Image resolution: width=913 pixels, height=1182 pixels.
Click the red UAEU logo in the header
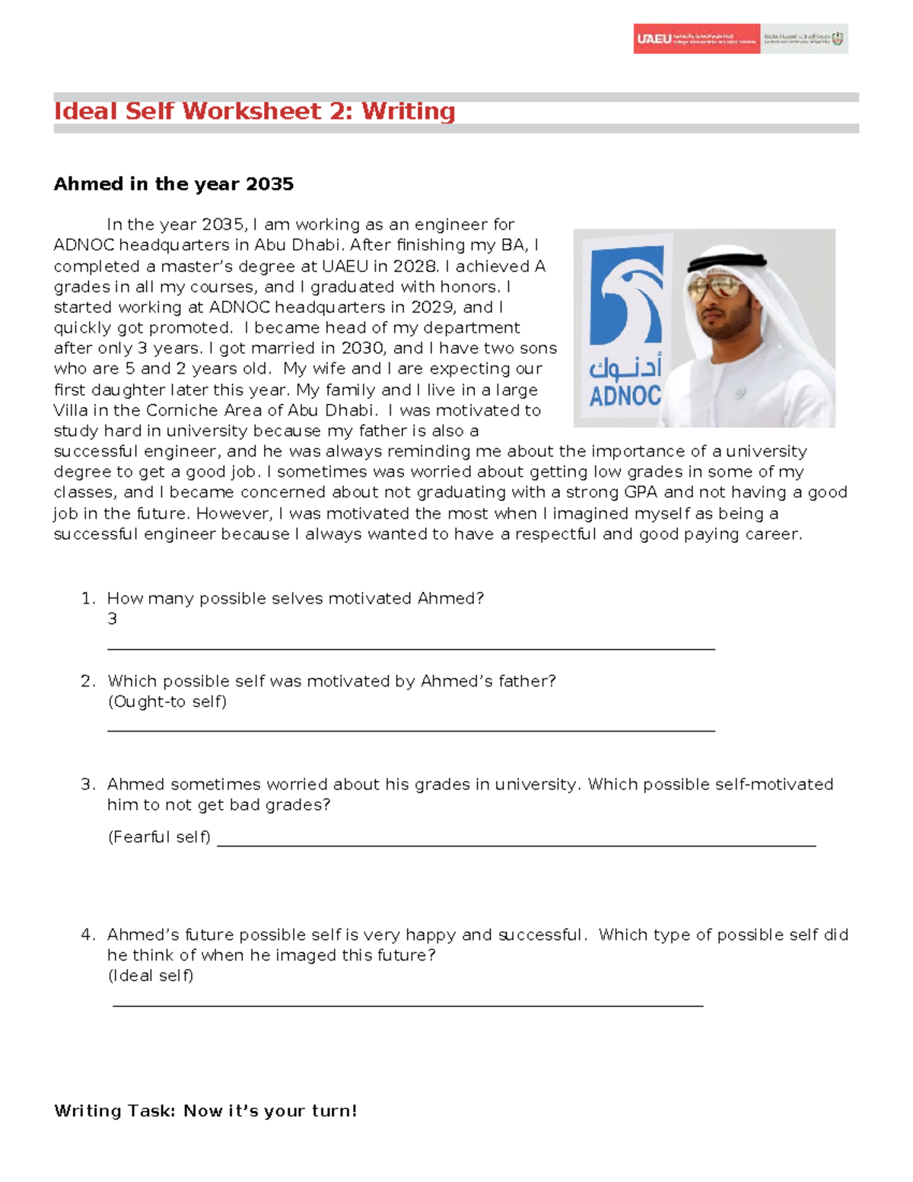[x=695, y=39]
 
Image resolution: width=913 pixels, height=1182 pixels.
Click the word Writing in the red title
[x=408, y=111]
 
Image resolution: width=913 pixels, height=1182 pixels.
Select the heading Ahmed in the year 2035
[x=173, y=184]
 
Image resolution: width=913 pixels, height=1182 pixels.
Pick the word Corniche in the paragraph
[x=182, y=410]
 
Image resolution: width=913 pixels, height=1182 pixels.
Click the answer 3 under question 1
[x=113, y=619]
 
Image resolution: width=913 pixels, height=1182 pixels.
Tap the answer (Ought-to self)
[x=167, y=702]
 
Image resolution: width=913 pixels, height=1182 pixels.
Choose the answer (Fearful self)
[x=159, y=837]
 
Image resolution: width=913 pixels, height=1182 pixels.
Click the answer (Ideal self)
[x=151, y=976]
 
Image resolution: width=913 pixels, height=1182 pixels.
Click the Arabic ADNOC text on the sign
[x=625, y=368]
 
